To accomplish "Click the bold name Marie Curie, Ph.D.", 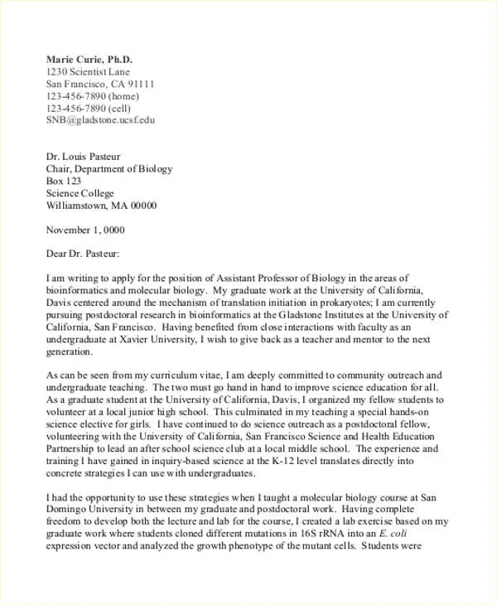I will click(89, 60).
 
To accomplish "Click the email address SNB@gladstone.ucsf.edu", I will click(100, 119).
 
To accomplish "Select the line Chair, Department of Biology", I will click(109, 169).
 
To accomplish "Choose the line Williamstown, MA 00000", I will click(101, 206).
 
